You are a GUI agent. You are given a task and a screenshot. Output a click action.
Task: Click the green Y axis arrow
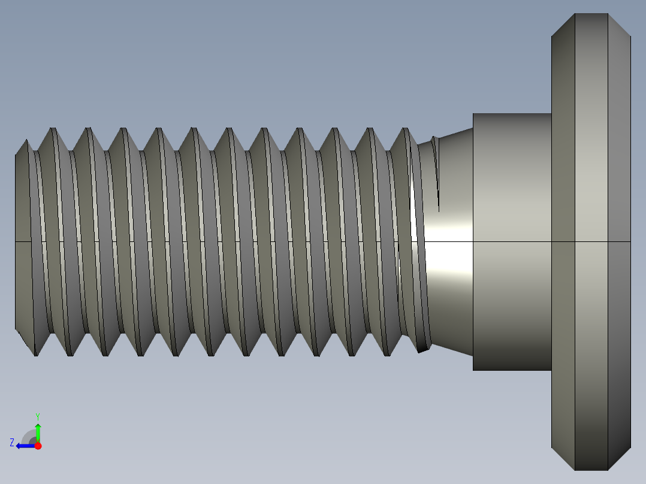(x=38, y=431)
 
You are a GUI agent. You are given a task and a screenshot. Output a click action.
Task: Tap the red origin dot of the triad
(x=38, y=446)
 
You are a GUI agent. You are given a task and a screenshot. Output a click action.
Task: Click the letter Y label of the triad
(x=38, y=415)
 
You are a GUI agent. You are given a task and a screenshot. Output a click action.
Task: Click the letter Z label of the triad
(x=12, y=442)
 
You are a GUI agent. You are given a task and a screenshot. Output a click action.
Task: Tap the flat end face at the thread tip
(x=23, y=240)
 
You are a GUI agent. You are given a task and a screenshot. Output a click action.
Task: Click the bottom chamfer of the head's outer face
(x=619, y=458)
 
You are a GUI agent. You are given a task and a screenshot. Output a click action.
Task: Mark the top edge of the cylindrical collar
(x=512, y=113)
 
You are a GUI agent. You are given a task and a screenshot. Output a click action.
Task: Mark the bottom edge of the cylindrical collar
(x=512, y=370)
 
